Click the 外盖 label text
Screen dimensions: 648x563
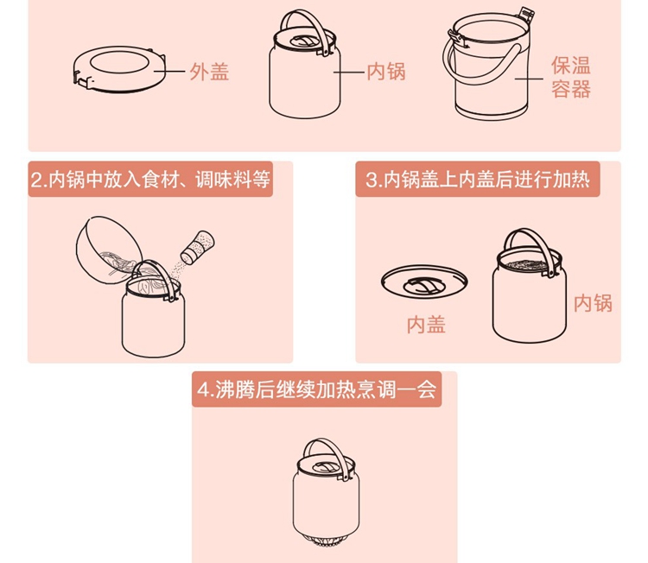pos(209,72)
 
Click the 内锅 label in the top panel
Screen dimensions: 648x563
pos(386,72)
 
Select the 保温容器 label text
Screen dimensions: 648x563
pos(571,77)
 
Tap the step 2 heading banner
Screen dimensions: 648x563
pos(150,180)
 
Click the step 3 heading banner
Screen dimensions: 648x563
pos(478,180)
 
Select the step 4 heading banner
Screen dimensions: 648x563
pos(316,389)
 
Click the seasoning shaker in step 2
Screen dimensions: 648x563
pos(198,247)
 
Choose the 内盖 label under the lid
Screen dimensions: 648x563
pos(426,325)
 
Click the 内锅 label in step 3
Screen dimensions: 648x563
pos(593,303)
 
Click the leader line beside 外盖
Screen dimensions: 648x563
pos(169,72)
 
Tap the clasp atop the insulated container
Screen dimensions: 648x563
pos(526,15)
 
